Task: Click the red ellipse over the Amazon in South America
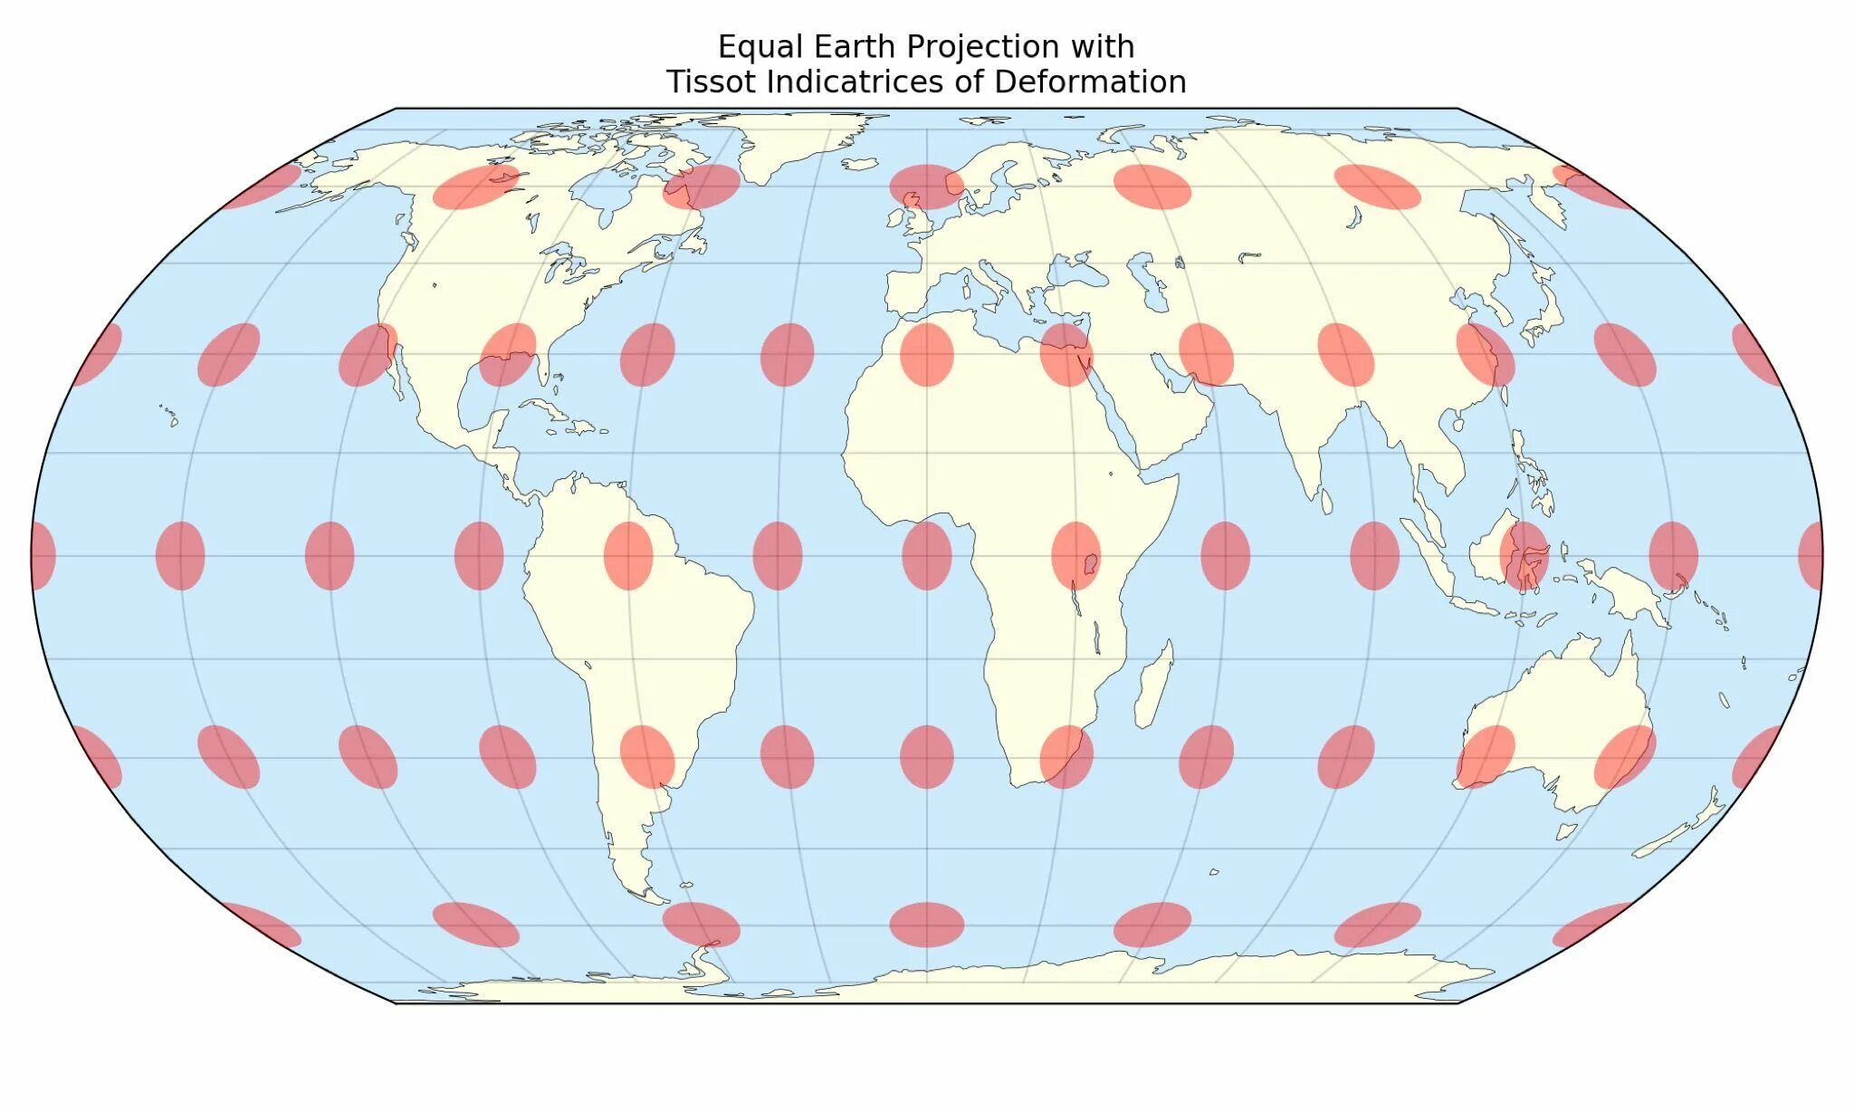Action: [x=628, y=555]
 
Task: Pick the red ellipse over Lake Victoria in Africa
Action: [x=1075, y=555]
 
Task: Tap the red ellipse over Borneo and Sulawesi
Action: [x=1524, y=555]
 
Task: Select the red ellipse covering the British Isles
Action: [x=926, y=187]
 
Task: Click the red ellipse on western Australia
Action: [x=1486, y=756]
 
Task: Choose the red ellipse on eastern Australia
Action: [x=1625, y=756]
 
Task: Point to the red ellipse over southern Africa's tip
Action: [x=1066, y=756]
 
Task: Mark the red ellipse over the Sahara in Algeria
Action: [x=926, y=354]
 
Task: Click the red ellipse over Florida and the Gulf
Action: [x=508, y=354]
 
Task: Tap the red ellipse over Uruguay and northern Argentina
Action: [x=647, y=756]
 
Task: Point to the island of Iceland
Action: [x=860, y=164]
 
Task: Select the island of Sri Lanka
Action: [x=1327, y=501]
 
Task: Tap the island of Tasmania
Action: [x=1567, y=830]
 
